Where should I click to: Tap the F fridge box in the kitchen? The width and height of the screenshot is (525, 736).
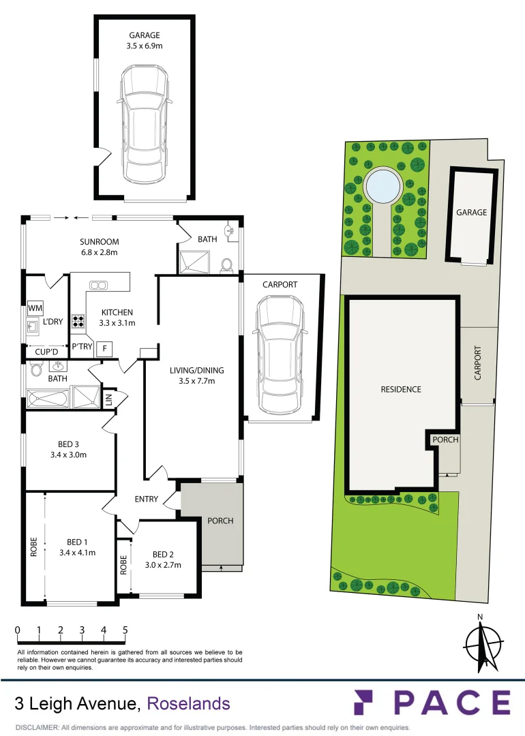[104, 348]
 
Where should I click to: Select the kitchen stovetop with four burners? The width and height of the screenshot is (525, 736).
[78, 320]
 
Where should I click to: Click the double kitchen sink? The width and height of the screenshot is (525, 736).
[99, 285]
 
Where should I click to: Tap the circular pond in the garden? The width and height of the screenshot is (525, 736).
[382, 185]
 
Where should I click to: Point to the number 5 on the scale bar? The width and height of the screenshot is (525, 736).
[125, 630]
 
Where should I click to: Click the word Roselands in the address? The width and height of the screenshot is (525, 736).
[189, 703]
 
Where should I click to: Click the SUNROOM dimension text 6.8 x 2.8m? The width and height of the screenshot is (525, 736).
[99, 252]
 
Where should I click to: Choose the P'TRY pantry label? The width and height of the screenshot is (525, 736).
[82, 346]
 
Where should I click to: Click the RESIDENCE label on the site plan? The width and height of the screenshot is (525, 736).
[401, 390]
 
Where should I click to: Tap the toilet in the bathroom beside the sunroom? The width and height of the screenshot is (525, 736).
[227, 264]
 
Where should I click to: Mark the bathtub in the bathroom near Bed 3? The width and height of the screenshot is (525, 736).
[47, 397]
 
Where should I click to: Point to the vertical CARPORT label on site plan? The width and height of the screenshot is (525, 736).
[477, 363]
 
